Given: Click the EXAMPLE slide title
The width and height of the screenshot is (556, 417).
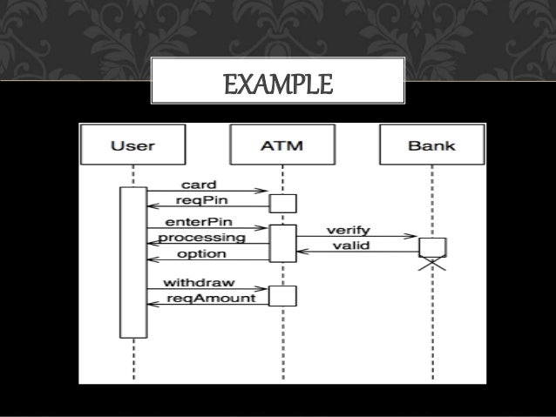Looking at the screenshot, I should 278,85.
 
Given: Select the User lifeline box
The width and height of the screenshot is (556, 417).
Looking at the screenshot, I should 133,144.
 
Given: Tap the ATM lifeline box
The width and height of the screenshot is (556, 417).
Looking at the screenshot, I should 282,144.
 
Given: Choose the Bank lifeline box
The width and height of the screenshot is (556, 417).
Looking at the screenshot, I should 431,144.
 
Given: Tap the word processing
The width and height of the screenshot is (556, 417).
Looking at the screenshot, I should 201,237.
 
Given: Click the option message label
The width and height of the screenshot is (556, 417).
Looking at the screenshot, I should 201,253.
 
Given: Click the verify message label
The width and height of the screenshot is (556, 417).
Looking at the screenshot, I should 349,230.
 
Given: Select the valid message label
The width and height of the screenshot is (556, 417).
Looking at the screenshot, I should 349,245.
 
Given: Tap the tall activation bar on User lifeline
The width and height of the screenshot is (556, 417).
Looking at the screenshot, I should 133,261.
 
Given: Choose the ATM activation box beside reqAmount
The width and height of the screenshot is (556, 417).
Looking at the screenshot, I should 282,297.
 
